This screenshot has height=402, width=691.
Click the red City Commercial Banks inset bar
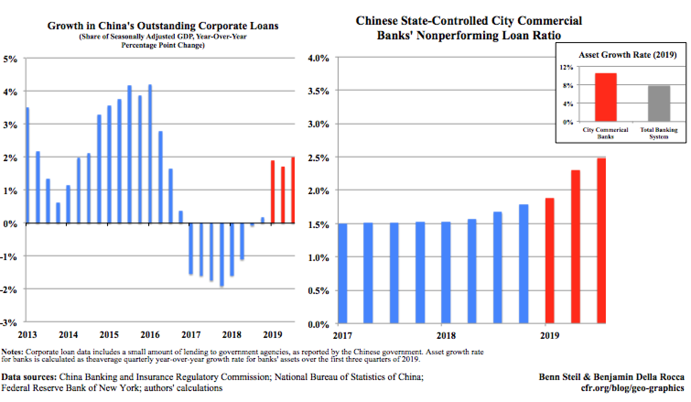coord(605,97)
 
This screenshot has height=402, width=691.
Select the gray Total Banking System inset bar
coord(659,103)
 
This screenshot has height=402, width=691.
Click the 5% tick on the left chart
coord(10,59)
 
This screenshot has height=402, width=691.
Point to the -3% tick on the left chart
coord(9,323)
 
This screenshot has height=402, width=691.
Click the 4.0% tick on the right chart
coord(319,58)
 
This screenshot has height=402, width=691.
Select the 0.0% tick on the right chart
coord(319,325)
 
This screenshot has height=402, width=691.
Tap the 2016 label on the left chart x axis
coord(150,335)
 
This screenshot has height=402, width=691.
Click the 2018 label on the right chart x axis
coord(446,336)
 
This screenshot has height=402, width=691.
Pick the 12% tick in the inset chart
coord(566,67)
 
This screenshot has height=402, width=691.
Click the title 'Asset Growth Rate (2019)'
coord(627,54)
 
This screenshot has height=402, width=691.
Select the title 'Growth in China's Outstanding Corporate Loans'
coord(162,26)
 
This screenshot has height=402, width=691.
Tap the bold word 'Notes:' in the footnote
coord(13,352)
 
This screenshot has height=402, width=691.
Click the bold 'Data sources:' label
coord(28,377)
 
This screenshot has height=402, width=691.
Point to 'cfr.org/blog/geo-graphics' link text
coord(632,388)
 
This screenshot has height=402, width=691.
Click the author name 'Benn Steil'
coord(559,377)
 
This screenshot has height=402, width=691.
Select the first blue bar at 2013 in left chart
coord(27,165)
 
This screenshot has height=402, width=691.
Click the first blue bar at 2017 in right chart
coord(342,273)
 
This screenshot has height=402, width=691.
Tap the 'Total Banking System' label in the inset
coord(659,133)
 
